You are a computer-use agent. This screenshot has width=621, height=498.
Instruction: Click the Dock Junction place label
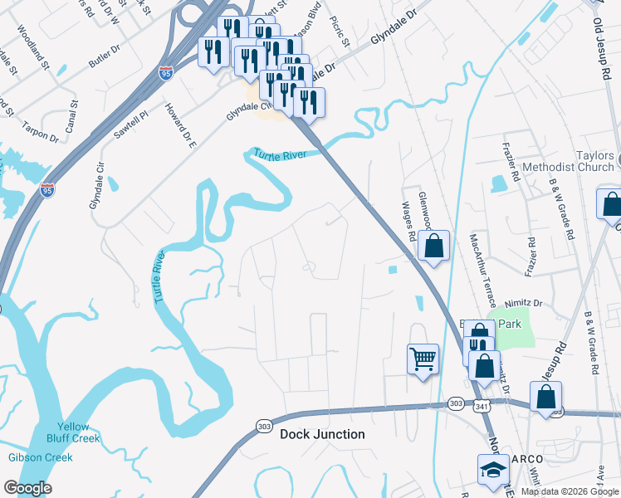[322, 434]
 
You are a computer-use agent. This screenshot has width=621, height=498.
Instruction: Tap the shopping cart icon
[423, 359]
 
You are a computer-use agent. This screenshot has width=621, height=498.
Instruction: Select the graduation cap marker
[492, 469]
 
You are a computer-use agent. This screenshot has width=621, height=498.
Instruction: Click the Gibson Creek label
[41, 457]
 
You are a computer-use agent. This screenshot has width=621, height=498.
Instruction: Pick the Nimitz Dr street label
[526, 304]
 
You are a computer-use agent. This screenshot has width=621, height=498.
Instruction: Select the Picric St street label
[341, 32]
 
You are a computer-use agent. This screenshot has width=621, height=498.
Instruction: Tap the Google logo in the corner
[27, 488]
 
